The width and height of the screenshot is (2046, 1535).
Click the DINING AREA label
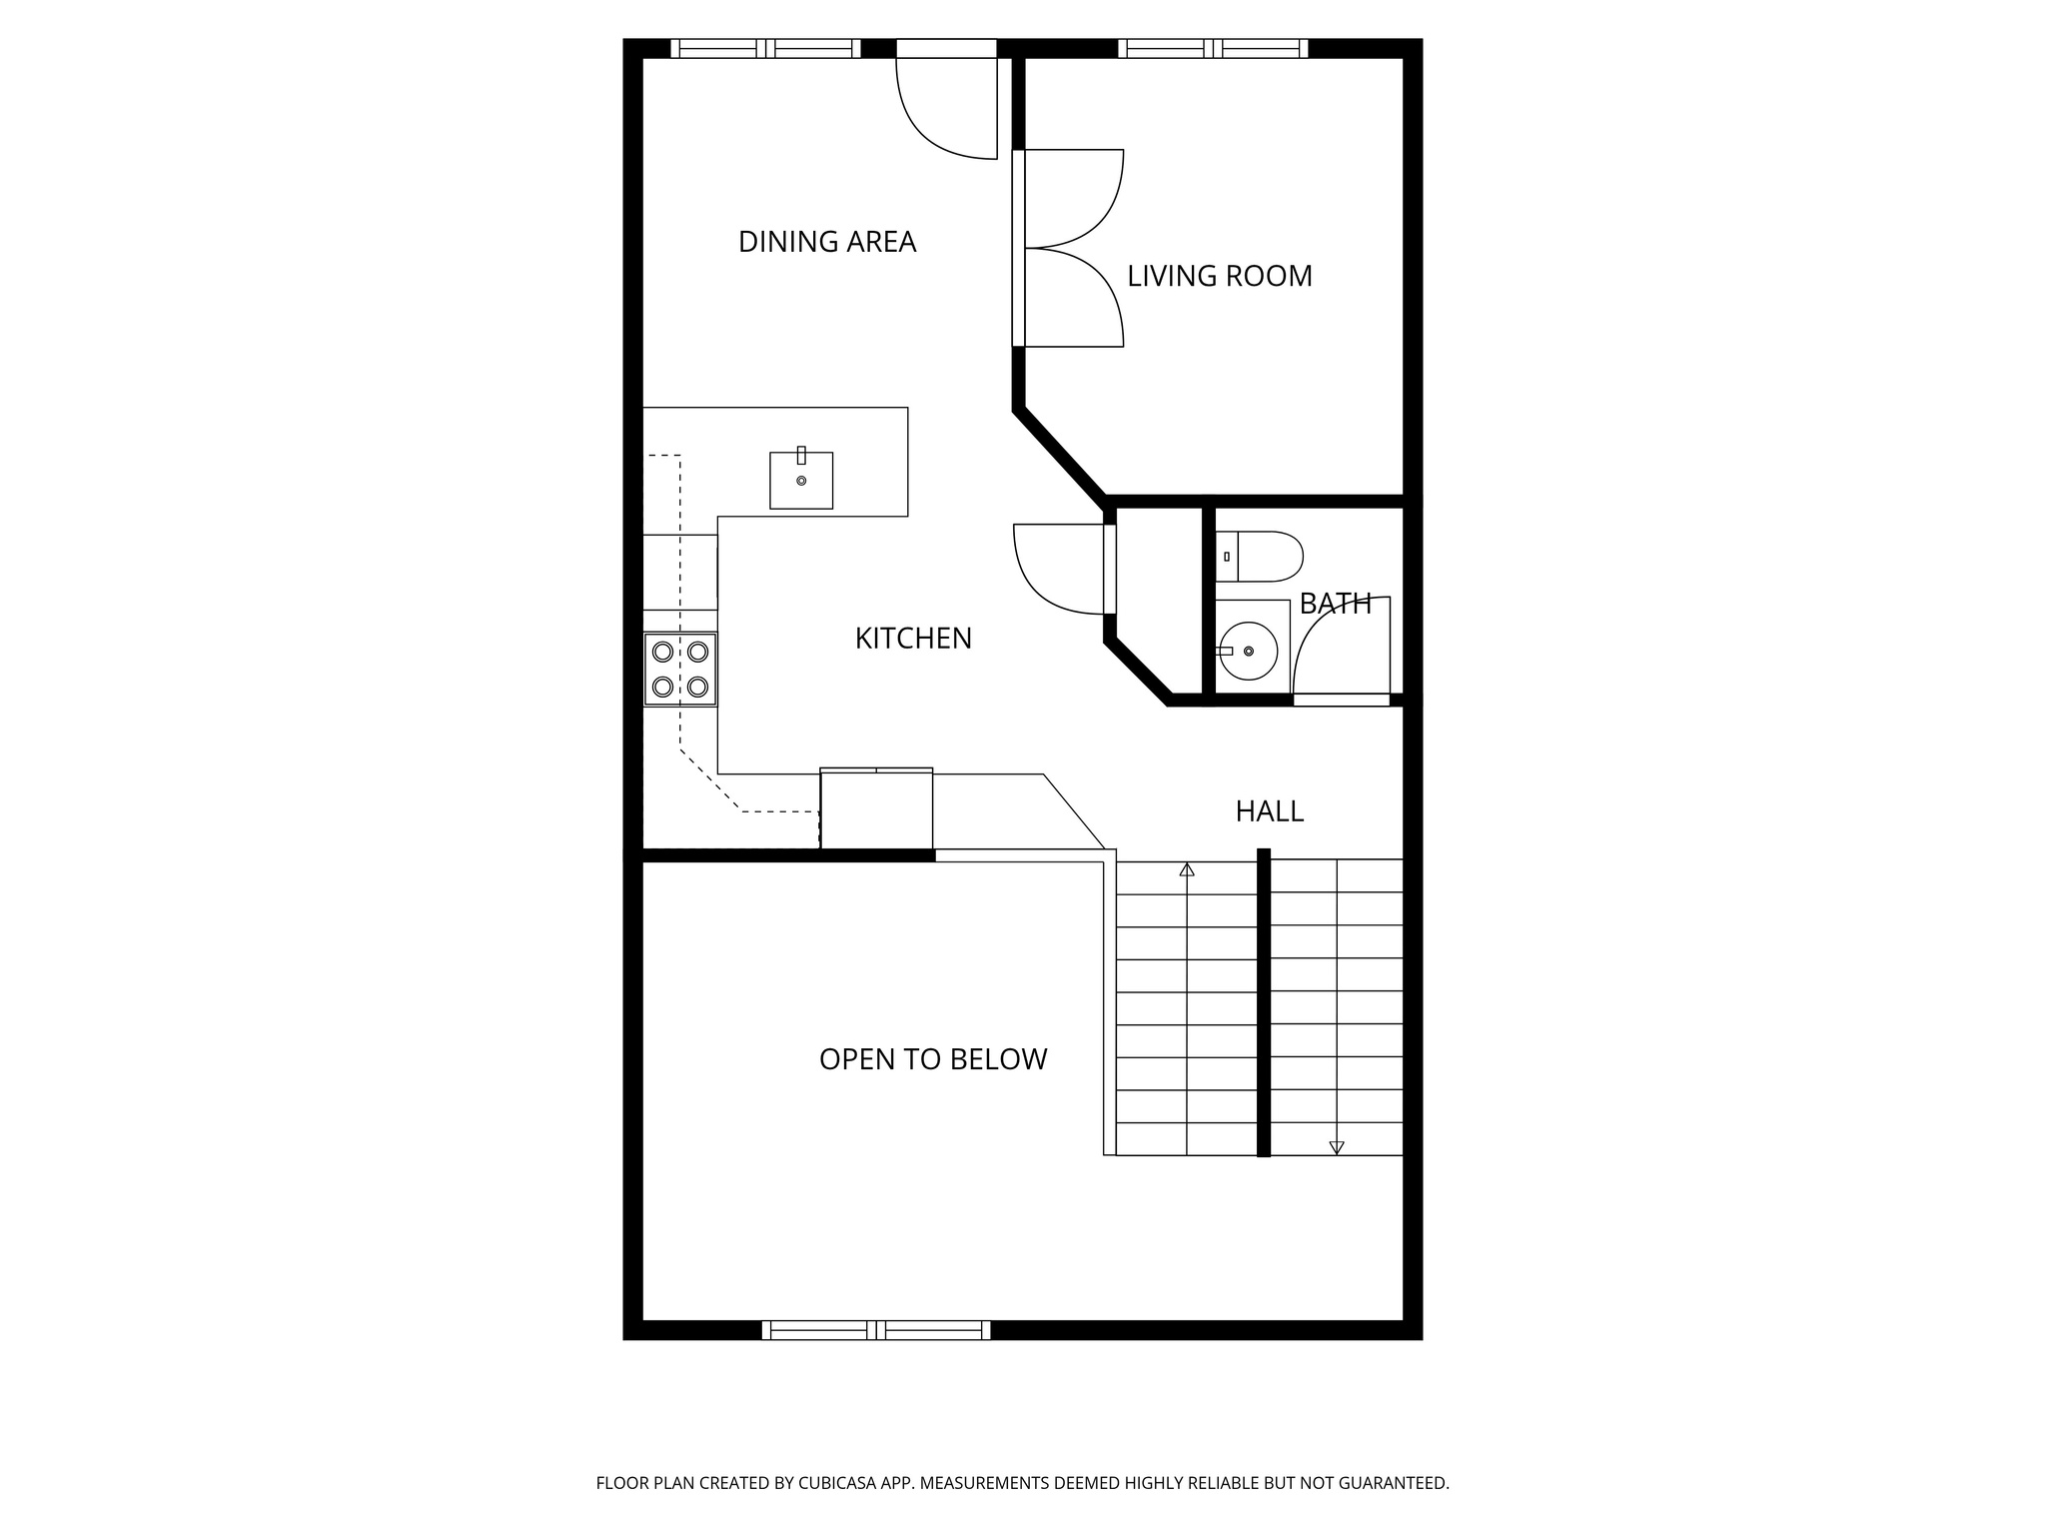pos(826,242)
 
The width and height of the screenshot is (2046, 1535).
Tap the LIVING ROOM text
pos(1219,276)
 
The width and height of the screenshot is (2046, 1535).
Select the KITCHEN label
pos(913,639)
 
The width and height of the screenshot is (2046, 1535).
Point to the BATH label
pos(1335,604)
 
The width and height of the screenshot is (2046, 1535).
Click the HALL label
pos(1269,811)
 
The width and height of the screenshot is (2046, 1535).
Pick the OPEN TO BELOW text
pos(932,1059)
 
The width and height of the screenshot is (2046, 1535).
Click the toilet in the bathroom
pos(1261,557)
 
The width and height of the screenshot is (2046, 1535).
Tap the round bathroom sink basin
pos(1250,651)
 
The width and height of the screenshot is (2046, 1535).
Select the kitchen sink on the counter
pos(800,481)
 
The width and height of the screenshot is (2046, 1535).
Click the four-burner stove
pos(680,670)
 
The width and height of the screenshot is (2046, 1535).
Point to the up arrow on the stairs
pos(1187,870)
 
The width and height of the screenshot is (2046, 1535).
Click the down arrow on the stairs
pos(1337,1147)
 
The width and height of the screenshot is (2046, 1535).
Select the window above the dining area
pos(765,48)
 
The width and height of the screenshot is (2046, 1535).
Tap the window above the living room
pos(1213,48)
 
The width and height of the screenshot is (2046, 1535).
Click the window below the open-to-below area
pos(876,1329)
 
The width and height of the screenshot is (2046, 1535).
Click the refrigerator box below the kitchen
pos(876,809)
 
